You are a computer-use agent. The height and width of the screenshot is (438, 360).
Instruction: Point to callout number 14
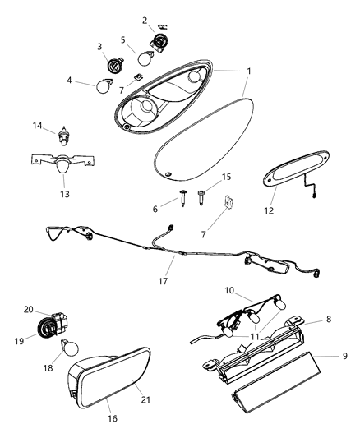click(x=36, y=126)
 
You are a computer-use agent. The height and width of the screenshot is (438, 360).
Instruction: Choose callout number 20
click(x=28, y=310)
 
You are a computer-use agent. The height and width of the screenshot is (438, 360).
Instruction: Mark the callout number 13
click(x=63, y=195)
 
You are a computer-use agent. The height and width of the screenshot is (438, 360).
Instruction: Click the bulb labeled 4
click(x=105, y=84)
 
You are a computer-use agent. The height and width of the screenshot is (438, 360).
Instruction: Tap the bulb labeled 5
click(x=145, y=58)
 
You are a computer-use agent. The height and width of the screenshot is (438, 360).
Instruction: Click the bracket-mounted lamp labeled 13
click(x=62, y=164)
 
